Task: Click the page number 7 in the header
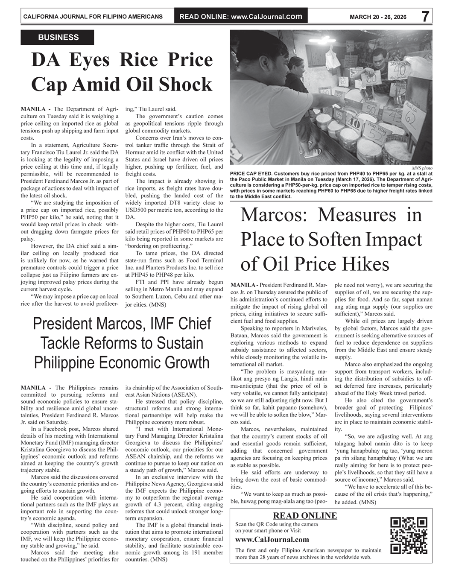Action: click(x=425, y=17)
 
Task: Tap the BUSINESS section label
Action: click(x=58, y=38)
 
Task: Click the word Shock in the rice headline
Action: click(x=186, y=85)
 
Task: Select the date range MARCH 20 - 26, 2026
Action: click(x=378, y=17)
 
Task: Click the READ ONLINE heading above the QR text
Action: click(x=304, y=515)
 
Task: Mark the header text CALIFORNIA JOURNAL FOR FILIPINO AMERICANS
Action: click(x=93, y=17)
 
